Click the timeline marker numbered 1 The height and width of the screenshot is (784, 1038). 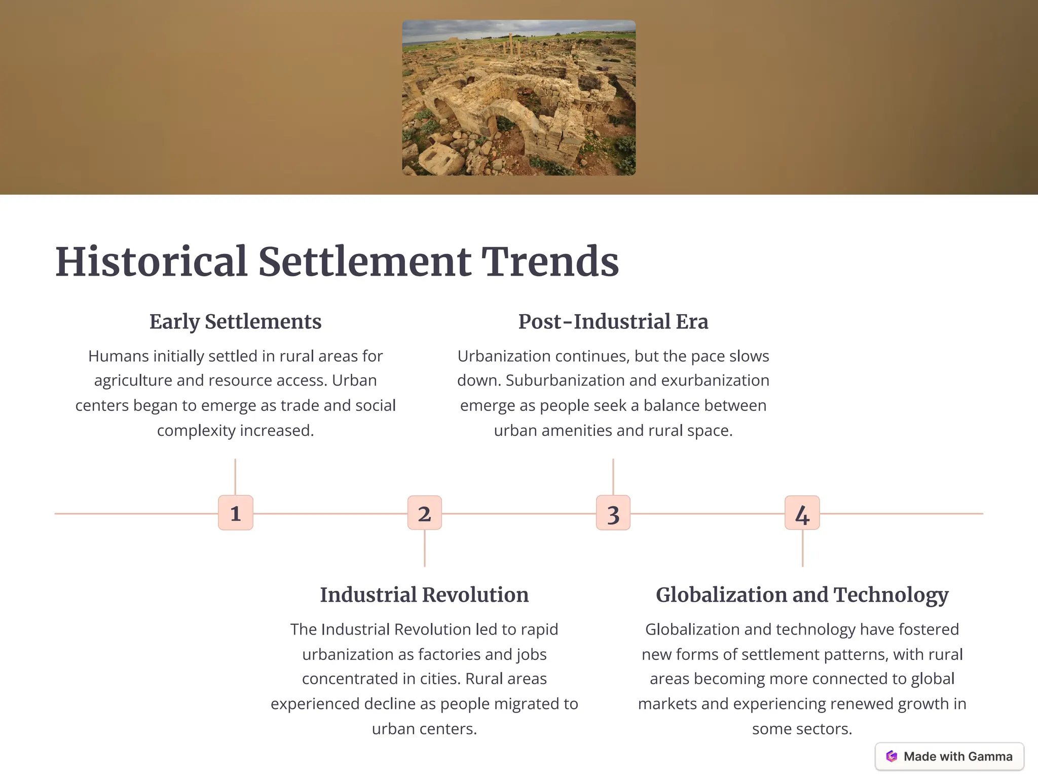236,513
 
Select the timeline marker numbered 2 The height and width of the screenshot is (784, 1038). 425,513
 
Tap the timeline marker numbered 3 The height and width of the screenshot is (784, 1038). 613,513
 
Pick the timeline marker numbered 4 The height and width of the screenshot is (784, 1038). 802,513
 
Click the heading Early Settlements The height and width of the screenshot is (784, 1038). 235,321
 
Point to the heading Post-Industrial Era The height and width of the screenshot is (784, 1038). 613,321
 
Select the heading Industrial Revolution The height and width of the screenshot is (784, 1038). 424,594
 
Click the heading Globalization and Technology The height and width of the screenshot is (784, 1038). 802,594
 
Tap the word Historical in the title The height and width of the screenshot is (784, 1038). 151,262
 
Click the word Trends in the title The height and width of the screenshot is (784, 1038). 550,262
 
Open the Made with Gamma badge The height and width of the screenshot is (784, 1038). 949,756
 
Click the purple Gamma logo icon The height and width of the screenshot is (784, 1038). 892,756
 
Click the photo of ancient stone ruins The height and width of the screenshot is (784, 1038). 518,98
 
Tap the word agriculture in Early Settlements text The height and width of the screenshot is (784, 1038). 133,381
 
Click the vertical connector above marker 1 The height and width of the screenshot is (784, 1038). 235,476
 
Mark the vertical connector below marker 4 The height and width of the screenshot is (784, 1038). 802,548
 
